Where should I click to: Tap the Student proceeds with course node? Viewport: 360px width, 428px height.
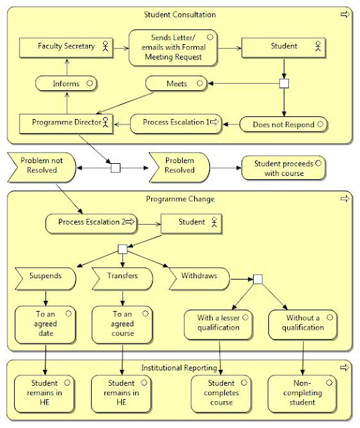(x=283, y=168)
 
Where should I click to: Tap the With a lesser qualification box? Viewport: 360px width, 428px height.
(x=219, y=323)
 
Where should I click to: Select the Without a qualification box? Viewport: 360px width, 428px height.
(x=303, y=323)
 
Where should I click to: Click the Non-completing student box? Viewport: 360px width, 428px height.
(x=303, y=393)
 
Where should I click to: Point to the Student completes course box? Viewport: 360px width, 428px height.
(x=221, y=393)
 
